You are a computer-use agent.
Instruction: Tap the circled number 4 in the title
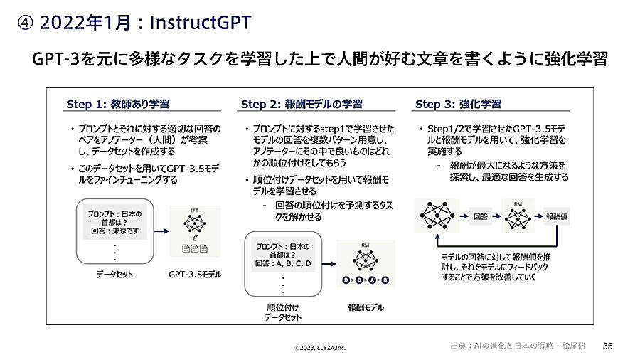pyautogui.click(x=25, y=23)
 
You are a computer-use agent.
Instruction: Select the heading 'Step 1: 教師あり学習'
pyautogui.click(x=117, y=104)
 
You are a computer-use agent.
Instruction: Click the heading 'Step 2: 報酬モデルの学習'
pyautogui.click(x=302, y=104)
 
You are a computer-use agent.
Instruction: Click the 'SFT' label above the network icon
pyautogui.click(x=195, y=209)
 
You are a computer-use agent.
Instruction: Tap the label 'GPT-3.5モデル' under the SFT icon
pyautogui.click(x=195, y=273)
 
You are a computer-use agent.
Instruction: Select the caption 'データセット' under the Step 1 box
pyautogui.click(x=114, y=273)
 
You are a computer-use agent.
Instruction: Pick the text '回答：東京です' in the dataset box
pyautogui.click(x=114, y=231)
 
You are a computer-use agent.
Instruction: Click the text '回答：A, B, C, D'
pyautogui.click(x=283, y=263)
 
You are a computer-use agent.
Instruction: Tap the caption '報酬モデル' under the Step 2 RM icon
pyautogui.click(x=366, y=307)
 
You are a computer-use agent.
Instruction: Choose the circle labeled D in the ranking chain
pyautogui.click(x=346, y=280)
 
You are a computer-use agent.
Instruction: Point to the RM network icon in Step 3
pyautogui.click(x=518, y=216)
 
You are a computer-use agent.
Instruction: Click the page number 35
pyautogui.click(x=607, y=346)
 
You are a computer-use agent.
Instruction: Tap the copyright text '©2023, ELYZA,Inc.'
pyautogui.click(x=320, y=348)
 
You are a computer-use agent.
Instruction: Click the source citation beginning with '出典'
pyautogui.click(x=518, y=346)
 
